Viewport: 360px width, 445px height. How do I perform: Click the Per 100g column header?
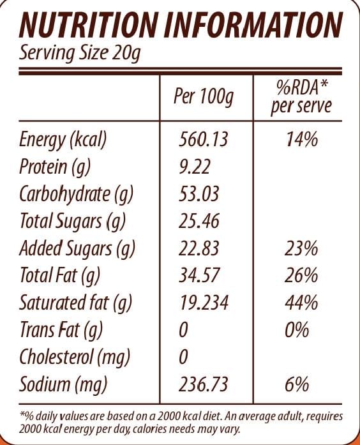pos(204,96)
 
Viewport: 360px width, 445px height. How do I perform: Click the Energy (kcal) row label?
pos(63,139)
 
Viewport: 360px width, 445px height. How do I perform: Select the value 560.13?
pos(203,139)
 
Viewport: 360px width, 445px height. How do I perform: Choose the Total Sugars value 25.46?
pos(199,222)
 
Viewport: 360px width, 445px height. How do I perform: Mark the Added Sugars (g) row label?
pos(79,248)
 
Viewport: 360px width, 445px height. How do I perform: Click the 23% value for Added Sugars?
pos(301,248)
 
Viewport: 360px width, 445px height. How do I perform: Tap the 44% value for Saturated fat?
pos(301,303)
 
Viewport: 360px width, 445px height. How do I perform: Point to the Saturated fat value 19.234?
pos(203,303)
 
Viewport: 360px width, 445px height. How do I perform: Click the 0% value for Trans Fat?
pos(297,331)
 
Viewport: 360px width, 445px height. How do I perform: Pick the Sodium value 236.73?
pos(203,385)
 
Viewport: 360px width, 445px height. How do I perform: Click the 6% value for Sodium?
pos(297,385)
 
